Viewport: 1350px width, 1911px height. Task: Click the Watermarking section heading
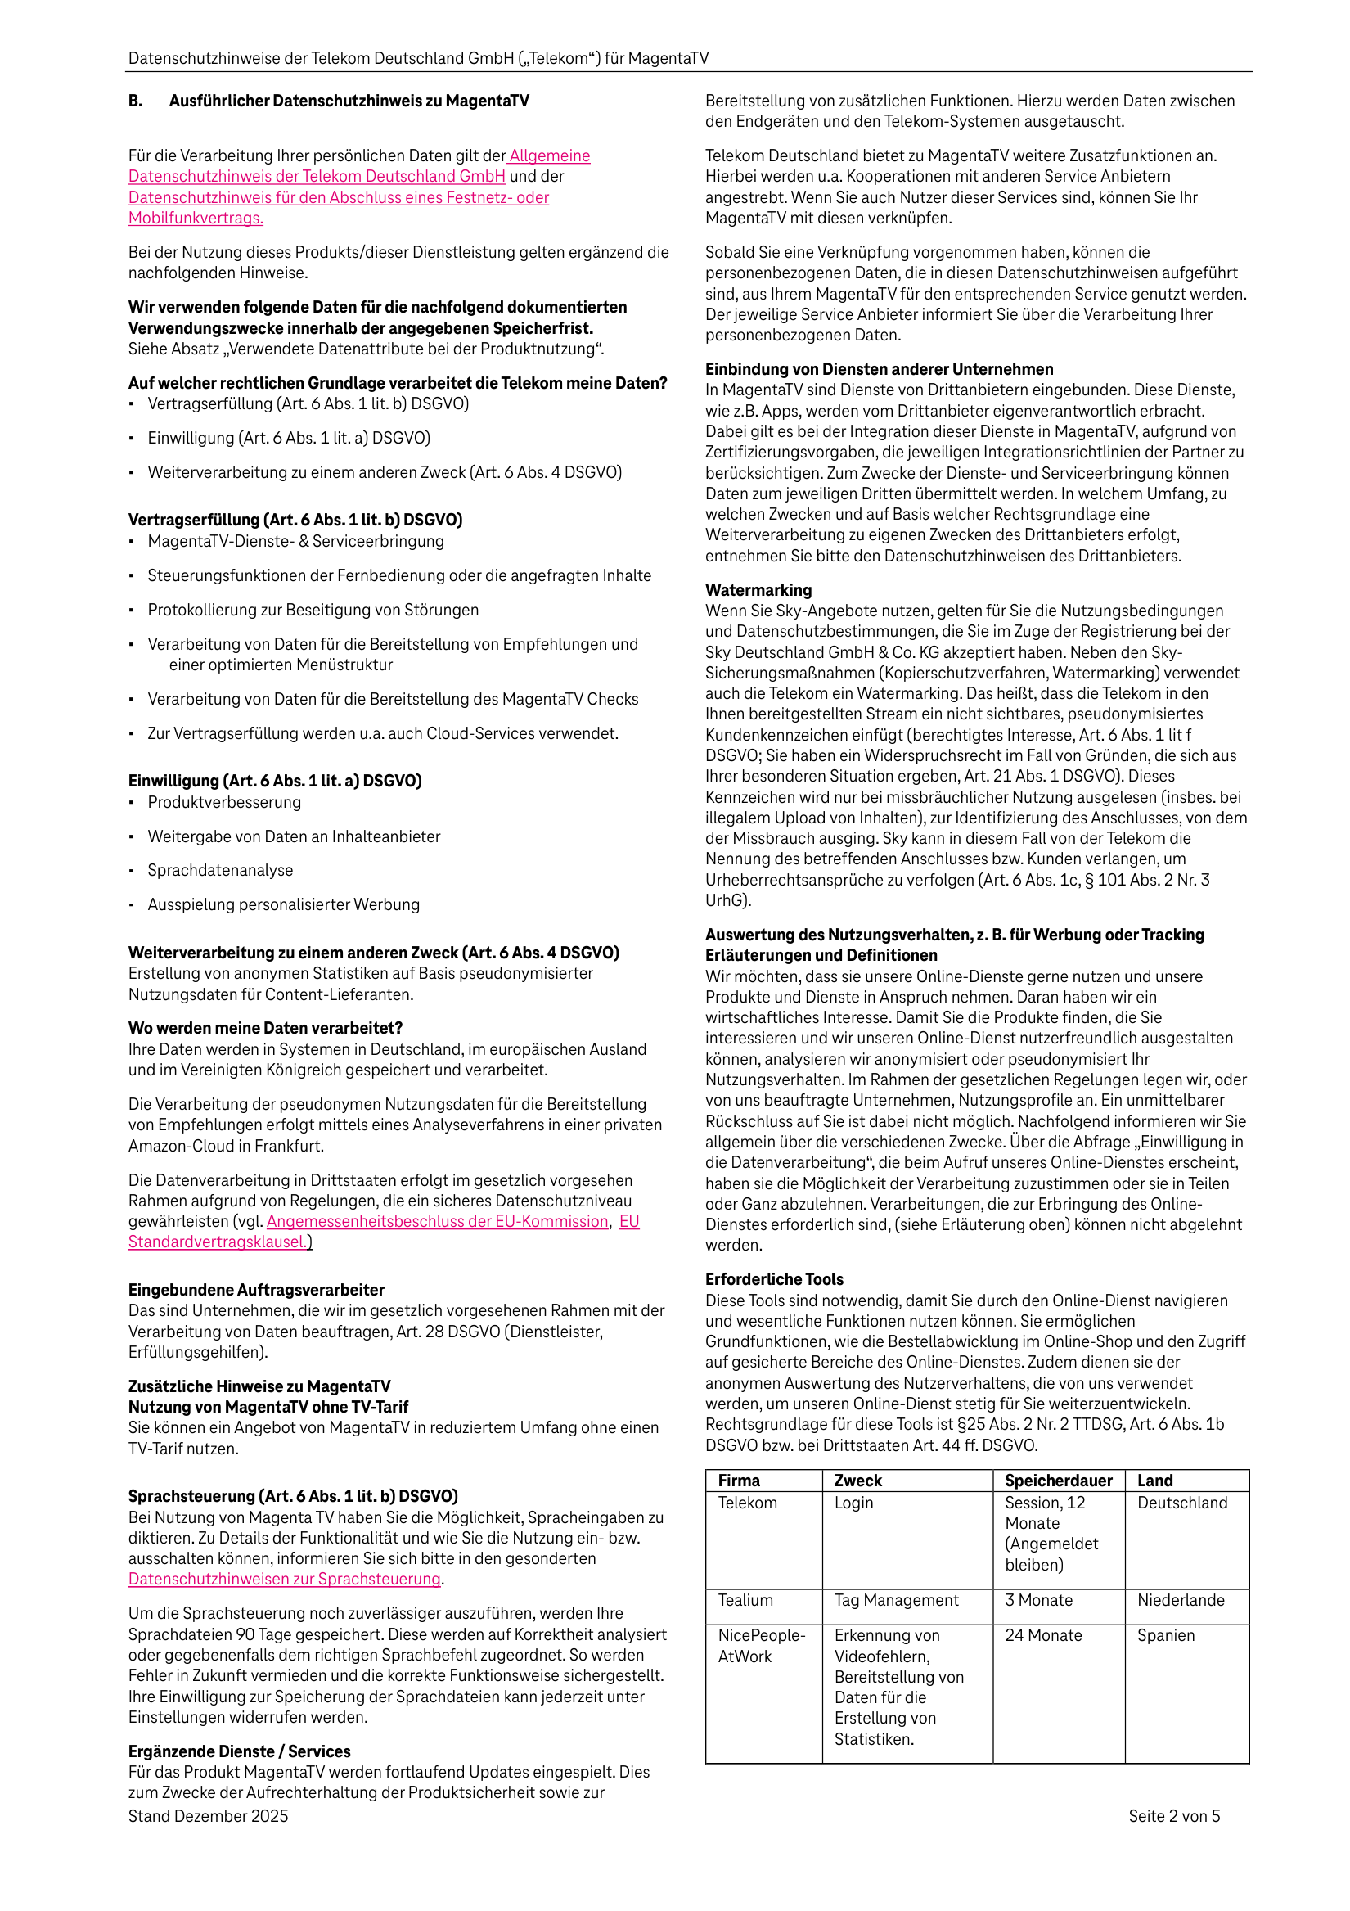click(758, 589)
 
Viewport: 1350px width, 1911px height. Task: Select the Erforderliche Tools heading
click(773, 1278)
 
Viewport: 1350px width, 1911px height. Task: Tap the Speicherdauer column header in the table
click(1057, 1480)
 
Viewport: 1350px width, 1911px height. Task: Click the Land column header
click(1154, 1480)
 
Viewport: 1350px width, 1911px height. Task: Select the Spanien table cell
click(1165, 1634)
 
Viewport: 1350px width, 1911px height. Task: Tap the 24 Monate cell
click(1043, 1634)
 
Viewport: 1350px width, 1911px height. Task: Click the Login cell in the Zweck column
click(853, 1503)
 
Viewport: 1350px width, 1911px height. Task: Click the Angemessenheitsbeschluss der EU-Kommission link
click(438, 1221)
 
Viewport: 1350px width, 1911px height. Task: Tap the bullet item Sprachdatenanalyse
click(220, 870)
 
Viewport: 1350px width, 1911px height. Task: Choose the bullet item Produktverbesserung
click(224, 801)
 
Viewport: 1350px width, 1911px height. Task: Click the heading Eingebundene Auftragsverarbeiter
click(255, 1289)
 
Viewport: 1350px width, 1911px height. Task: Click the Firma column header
click(738, 1480)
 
